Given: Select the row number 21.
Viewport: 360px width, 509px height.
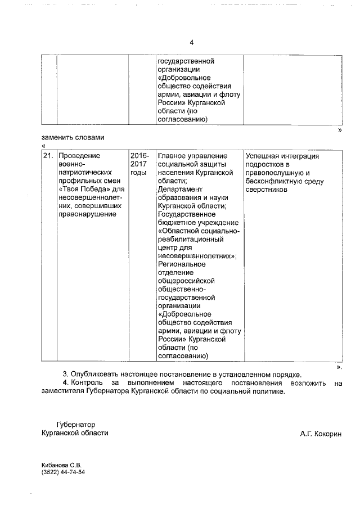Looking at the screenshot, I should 48,155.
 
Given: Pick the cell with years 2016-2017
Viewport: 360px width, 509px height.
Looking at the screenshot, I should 139,164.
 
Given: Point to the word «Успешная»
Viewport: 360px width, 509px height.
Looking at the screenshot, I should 263,155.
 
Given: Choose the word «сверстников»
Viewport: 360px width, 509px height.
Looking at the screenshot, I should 267,190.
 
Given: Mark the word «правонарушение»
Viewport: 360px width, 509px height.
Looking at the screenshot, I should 87,214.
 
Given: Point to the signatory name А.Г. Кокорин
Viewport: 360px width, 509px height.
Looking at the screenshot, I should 321,433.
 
